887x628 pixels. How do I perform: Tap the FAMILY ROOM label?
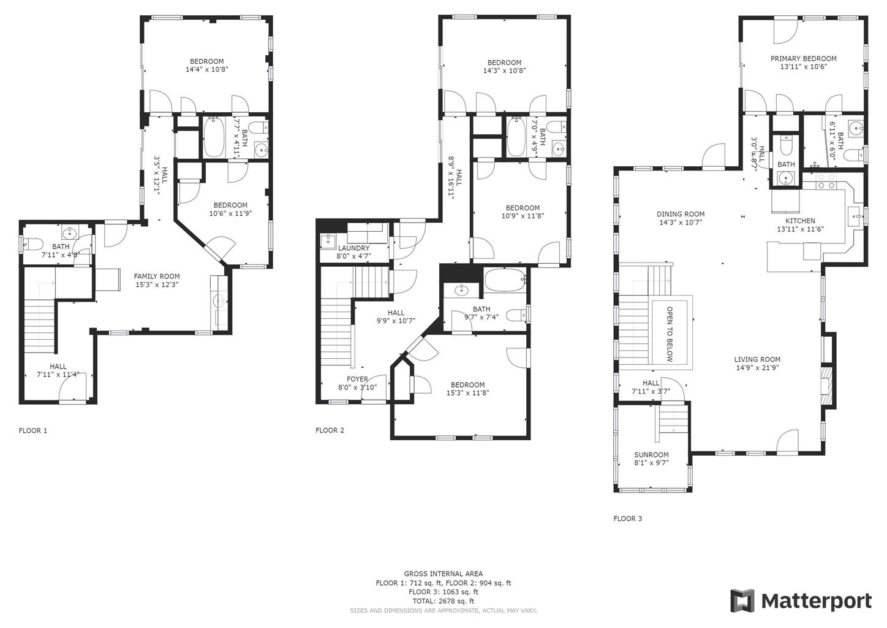click(157, 277)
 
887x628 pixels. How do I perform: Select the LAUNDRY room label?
click(353, 248)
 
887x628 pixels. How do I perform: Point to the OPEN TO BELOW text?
click(670, 334)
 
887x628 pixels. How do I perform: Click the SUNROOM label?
click(651, 454)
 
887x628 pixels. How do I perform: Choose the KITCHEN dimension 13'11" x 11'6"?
click(800, 229)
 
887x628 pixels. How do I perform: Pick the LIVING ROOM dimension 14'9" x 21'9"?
click(757, 367)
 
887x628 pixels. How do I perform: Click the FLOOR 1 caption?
click(33, 431)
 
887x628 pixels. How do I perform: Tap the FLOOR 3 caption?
click(628, 519)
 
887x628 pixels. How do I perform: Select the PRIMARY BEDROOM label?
click(804, 59)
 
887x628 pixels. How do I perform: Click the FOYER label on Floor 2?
click(357, 379)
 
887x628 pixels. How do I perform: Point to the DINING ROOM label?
click(681, 214)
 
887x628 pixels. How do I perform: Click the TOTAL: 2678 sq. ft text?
click(443, 601)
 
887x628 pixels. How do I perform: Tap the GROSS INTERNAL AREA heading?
click(443, 573)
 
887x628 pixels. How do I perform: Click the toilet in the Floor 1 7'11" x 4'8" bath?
click(33, 244)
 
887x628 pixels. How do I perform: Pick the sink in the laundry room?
click(328, 240)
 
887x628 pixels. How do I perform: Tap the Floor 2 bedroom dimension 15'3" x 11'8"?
click(467, 393)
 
